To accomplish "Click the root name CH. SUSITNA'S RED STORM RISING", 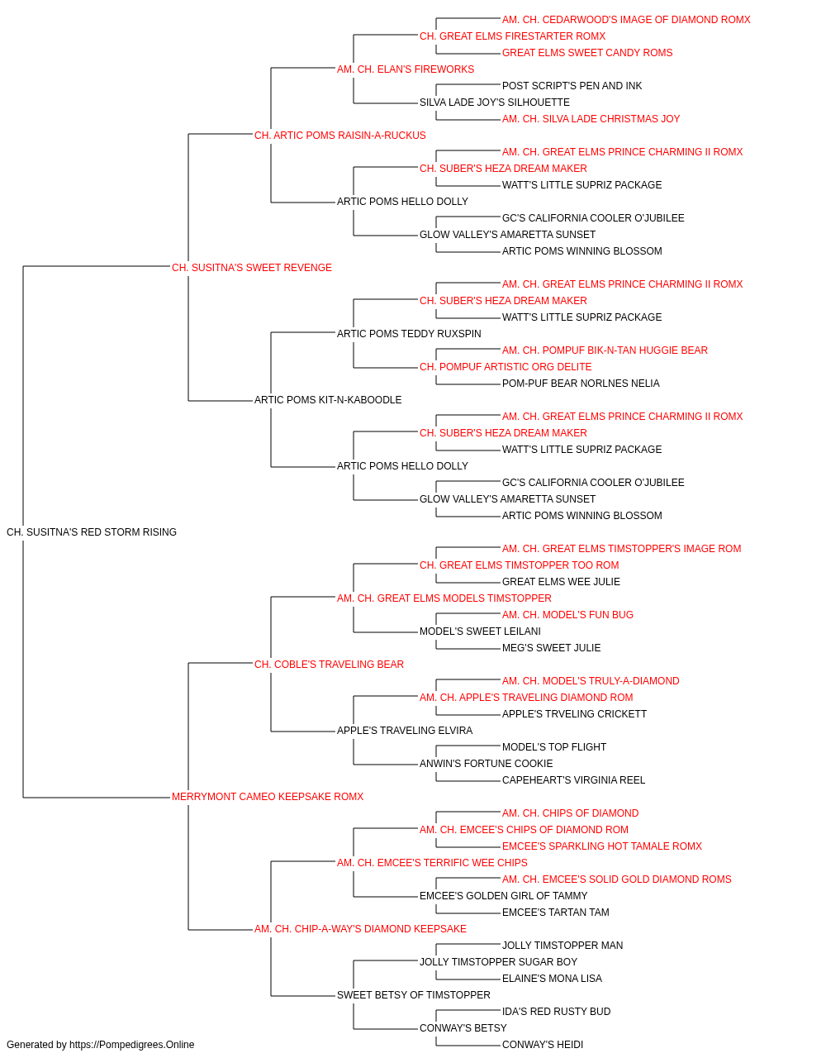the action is (92, 532).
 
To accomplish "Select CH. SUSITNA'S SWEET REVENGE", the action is (251, 268).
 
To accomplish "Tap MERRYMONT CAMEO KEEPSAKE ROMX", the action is (268, 797).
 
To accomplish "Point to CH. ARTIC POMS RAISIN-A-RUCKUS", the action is (340, 136).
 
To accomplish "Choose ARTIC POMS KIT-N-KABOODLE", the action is (328, 400).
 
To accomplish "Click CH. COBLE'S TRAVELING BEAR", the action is (329, 665).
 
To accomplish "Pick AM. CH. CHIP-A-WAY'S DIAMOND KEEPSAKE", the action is (360, 929).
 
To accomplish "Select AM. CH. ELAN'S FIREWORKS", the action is (406, 69).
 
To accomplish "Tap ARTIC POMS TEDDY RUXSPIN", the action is (409, 333).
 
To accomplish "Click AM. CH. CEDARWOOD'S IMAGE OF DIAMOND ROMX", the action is (626, 20).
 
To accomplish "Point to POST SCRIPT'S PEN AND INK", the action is (572, 86).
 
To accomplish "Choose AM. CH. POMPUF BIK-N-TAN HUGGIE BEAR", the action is (605, 350).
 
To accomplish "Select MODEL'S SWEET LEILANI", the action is (480, 631).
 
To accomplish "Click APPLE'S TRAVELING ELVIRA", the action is (405, 731).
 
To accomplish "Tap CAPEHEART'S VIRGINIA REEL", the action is (573, 780).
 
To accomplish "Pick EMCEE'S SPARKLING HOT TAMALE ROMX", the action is (602, 846).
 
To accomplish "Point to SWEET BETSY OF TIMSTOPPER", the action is (414, 995).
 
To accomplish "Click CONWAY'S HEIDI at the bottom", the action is (543, 1045).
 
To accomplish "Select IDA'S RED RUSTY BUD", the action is (556, 1012).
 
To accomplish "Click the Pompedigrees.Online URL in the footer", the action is (131, 1045).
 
